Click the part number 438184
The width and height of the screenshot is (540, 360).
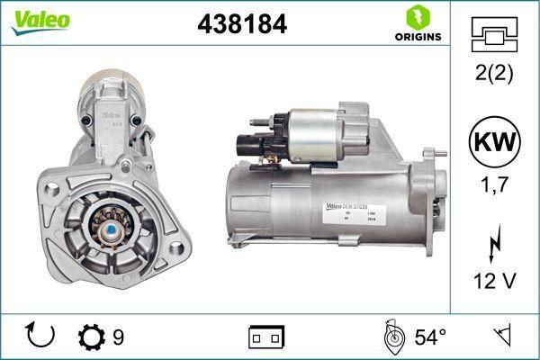point(241,24)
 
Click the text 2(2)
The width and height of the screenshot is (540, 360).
point(494,74)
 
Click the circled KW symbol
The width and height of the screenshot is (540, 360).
point(494,143)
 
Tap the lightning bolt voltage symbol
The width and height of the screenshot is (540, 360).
point(494,244)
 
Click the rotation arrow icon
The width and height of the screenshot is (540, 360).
point(41,336)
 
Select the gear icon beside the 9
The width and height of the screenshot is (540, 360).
point(91,337)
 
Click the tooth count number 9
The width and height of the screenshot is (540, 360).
point(118,337)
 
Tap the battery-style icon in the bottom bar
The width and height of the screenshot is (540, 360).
point(265,337)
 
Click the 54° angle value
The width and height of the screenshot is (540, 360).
point(429,337)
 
